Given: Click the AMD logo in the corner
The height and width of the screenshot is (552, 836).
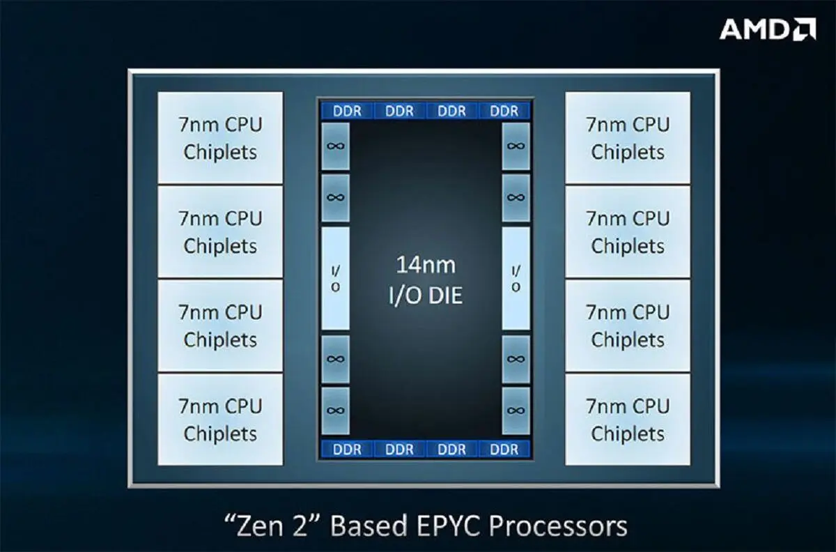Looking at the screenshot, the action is pyautogui.click(x=768, y=29).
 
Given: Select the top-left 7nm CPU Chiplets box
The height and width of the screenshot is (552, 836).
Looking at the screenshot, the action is pyautogui.click(x=220, y=138).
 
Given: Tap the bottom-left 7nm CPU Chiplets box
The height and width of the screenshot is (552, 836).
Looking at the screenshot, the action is pyautogui.click(x=220, y=420).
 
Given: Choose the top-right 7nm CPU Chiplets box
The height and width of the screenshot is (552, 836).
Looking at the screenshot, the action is pyautogui.click(x=628, y=138).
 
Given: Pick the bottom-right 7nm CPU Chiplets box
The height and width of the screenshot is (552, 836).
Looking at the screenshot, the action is pyautogui.click(x=628, y=420).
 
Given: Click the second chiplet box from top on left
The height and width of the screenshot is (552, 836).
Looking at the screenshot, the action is pyautogui.click(x=220, y=231).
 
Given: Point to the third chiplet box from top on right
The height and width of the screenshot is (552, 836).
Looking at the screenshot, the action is pyautogui.click(x=628, y=325).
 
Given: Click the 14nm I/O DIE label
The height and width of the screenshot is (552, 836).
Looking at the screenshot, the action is pyautogui.click(x=426, y=280).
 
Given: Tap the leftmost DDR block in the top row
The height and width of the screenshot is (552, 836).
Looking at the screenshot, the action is pyautogui.click(x=347, y=111).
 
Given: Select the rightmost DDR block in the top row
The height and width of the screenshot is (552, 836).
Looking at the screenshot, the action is pyautogui.click(x=504, y=111).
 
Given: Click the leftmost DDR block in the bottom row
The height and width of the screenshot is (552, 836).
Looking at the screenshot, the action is pyautogui.click(x=347, y=450).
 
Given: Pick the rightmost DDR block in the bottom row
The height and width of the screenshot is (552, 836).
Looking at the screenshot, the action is pyautogui.click(x=504, y=450).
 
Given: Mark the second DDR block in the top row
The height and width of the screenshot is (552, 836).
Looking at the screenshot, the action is pyautogui.click(x=399, y=111).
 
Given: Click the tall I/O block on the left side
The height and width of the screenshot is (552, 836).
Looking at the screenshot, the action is pyautogui.click(x=336, y=279).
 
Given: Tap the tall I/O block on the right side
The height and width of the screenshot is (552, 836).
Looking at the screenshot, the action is pyautogui.click(x=516, y=279).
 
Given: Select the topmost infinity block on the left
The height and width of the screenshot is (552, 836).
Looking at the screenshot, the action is pyautogui.click(x=336, y=146).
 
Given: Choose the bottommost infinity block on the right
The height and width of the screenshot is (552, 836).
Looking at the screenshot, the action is pyautogui.click(x=516, y=411).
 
